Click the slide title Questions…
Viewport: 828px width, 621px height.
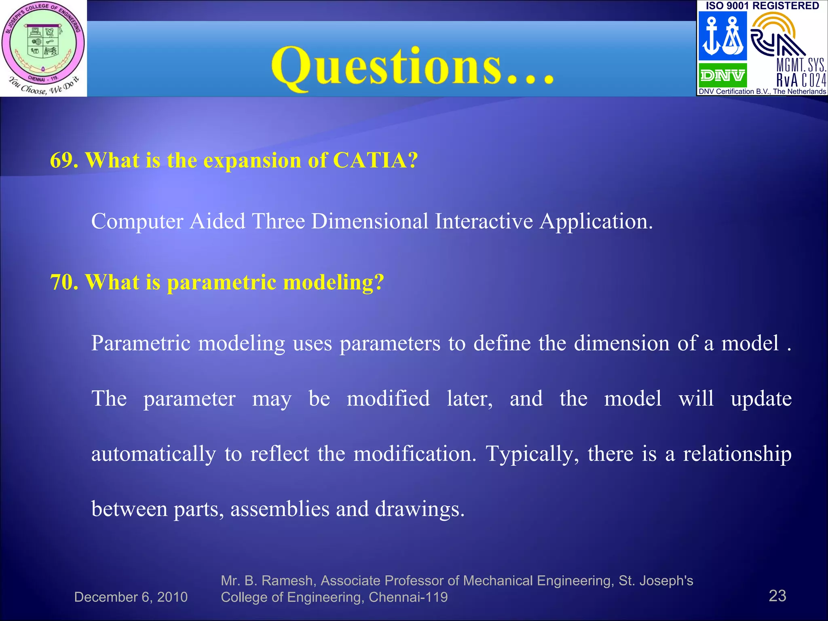412,67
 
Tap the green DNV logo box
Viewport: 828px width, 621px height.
722,75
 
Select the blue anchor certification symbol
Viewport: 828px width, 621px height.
722,36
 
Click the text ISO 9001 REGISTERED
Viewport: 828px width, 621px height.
762,6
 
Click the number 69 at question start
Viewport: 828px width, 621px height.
64,160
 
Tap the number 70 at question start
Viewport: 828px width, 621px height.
64,282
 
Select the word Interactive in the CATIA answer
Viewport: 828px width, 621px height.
484,221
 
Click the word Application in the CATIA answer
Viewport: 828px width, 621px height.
596,222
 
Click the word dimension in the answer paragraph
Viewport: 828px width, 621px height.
622,343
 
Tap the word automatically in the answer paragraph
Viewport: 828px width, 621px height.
154,454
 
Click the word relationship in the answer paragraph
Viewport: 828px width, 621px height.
737,454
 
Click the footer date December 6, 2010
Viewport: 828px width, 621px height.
131,597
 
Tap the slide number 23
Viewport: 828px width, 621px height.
777,596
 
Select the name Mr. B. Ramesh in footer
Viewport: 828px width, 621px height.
267,581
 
